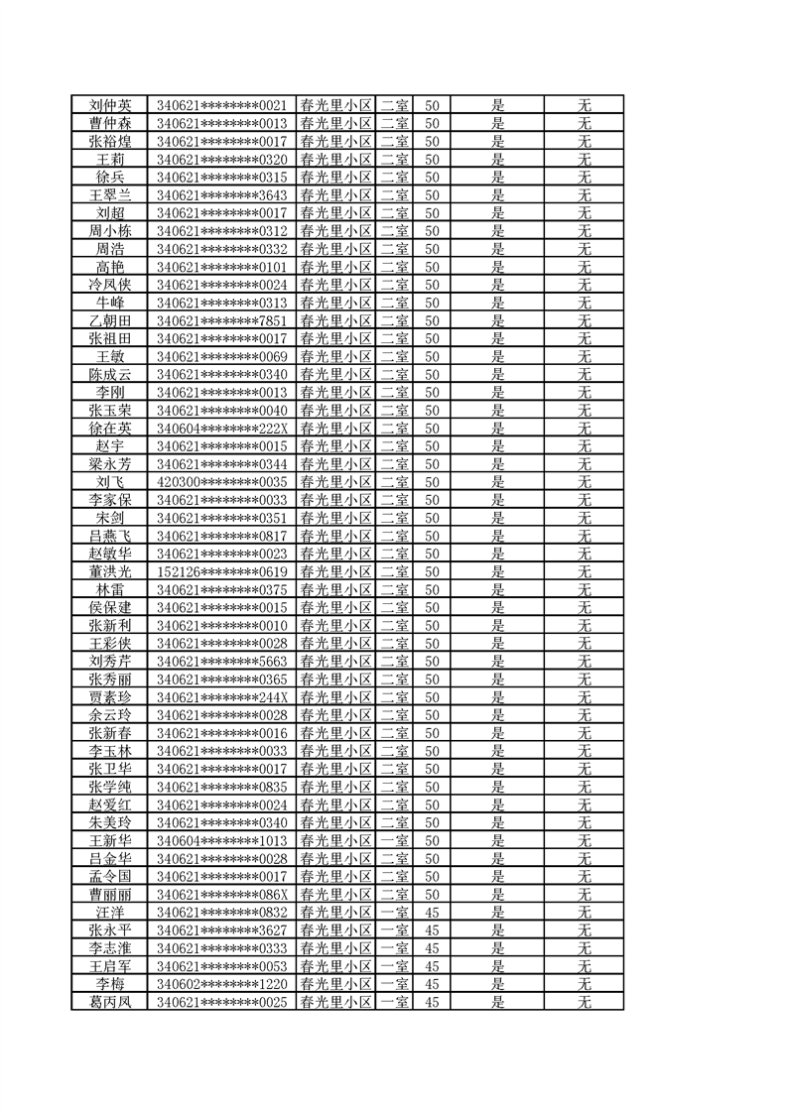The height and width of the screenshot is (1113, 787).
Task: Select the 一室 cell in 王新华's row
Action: pos(395,840)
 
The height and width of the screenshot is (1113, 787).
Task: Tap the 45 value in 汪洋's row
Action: pos(432,913)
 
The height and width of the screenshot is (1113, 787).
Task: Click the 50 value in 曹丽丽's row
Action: pos(432,894)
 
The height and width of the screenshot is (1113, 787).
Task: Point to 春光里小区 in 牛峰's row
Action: pos(335,303)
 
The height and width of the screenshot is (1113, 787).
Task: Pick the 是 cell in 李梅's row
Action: pos(498,984)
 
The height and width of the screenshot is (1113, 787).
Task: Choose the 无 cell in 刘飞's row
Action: pos(585,482)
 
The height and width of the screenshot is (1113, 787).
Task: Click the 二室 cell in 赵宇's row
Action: pos(395,446)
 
